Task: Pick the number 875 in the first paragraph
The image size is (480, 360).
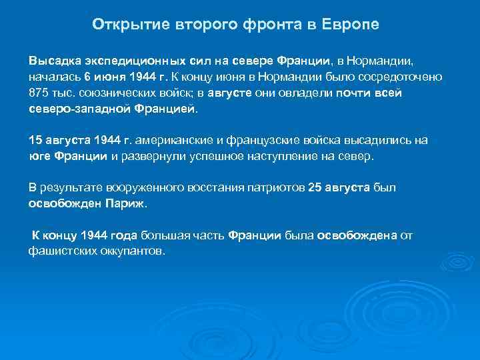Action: (x=39, y=93)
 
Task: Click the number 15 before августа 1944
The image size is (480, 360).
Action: (x=35, y=141)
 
